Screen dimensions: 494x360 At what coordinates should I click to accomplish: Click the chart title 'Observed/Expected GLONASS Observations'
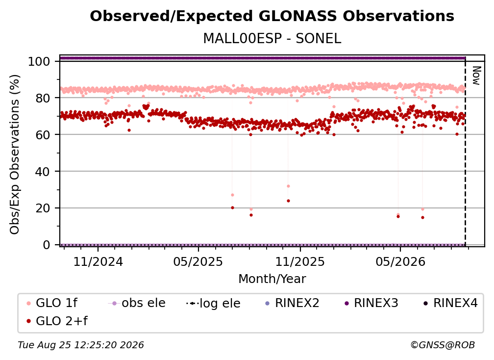272,16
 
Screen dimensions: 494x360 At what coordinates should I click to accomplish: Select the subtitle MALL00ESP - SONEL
272,38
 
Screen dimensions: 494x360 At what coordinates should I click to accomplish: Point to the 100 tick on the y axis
39,61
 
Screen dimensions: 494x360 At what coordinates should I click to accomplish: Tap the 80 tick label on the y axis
43,98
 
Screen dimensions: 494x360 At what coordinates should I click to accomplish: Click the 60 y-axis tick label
43,134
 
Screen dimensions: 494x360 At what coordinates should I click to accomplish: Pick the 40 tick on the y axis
43,172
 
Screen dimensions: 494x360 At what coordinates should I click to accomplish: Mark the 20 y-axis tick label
43,208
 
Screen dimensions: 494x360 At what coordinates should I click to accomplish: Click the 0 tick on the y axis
47,245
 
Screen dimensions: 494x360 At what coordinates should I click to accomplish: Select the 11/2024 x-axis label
98,261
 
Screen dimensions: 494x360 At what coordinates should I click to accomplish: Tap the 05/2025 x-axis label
198,261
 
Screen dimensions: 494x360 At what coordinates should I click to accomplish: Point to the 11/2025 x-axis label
300,261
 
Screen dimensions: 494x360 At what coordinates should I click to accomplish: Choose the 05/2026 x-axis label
400,261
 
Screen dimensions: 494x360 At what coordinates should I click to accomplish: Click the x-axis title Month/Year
272,279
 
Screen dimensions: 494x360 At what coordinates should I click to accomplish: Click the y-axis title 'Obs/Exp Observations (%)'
15,154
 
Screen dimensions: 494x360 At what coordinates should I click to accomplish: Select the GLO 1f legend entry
52,303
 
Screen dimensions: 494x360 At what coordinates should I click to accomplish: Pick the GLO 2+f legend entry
57,321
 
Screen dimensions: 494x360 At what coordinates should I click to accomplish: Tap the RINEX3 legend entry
371,303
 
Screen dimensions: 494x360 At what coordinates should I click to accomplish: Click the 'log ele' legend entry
213,303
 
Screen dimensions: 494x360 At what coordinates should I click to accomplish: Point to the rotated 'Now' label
476,76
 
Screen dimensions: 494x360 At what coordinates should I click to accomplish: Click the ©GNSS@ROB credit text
443,345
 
